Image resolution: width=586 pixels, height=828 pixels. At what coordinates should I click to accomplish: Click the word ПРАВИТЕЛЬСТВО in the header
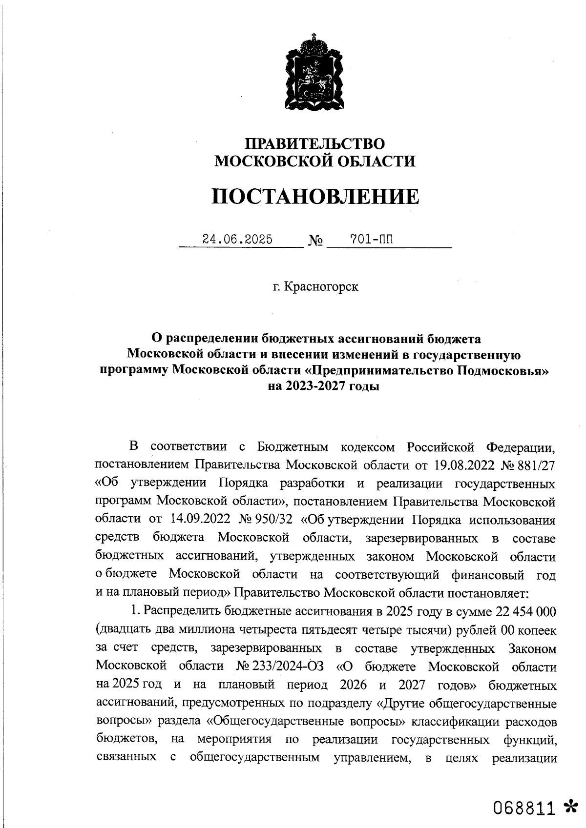[314, 144]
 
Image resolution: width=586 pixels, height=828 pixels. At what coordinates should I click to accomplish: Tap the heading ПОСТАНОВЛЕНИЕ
[315, 197]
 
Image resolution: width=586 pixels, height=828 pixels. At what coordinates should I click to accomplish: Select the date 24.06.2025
[237, 240]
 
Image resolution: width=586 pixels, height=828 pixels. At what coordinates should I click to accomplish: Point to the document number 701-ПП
[372, 240]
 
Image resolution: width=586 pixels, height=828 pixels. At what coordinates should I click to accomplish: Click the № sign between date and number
[315, 241]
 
